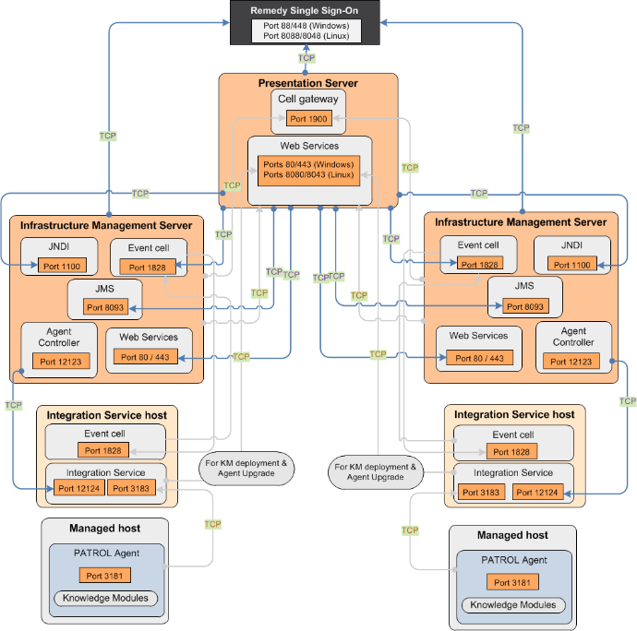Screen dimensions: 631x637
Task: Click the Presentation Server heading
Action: click(307, 84)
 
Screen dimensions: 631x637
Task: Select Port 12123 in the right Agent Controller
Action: click(571, 362)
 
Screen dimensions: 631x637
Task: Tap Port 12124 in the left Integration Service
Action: click(78, 488)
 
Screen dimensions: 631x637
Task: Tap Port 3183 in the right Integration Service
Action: click(481, 493)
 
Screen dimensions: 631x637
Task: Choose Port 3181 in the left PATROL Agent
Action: click(105, 576)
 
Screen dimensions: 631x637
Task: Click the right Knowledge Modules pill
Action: click(512, 605)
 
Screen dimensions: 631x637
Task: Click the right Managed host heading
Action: click(511, 535)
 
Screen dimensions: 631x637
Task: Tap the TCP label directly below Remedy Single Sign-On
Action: click(306, 58)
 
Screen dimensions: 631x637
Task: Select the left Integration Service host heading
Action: click(106, 416)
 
